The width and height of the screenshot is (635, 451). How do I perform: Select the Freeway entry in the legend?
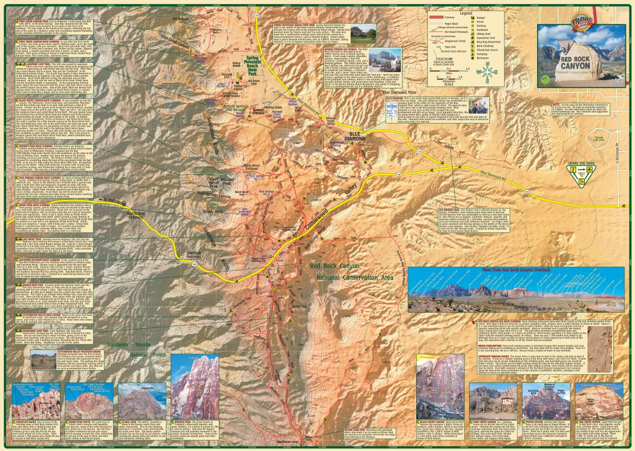[451, 18]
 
